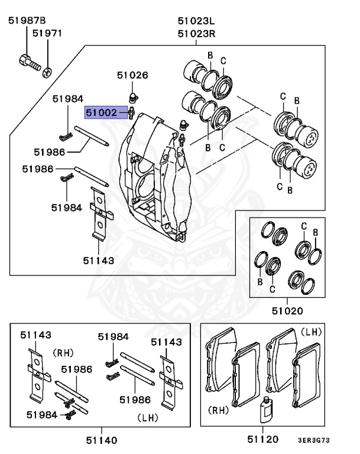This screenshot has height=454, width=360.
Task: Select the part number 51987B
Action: pos(27,21)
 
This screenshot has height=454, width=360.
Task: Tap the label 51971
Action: pos(47,34)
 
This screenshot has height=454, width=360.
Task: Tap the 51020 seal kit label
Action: pos(287,310)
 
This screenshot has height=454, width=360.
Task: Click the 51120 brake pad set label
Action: pos(262,439)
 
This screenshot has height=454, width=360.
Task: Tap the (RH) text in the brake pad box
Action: pos(219,409)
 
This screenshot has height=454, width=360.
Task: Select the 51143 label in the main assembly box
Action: pos(98,259)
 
